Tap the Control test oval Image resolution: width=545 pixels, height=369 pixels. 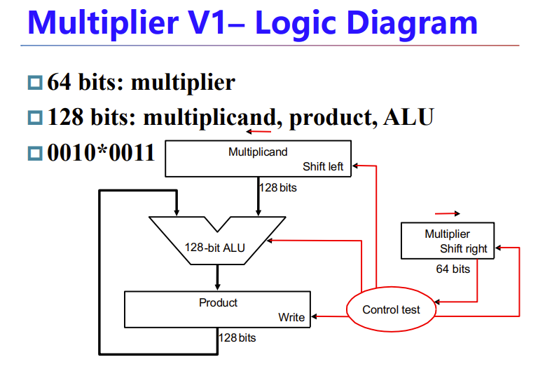coord(391,309)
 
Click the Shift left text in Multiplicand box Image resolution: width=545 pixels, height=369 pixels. coord(323,166)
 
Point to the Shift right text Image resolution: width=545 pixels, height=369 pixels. coord(464,248)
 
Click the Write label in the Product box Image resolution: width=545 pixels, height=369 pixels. coord(291,317)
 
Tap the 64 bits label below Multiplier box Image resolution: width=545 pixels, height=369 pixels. coord(453,269)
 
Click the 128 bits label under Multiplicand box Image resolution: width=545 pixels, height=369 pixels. coord(277,187)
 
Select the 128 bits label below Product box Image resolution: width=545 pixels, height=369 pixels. coord(237,338)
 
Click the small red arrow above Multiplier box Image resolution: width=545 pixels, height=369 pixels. coord(448,213)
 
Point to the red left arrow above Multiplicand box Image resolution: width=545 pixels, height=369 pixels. coord(258,131)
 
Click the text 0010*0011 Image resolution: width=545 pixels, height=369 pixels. coord(101,152)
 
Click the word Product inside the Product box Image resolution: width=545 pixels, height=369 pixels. coord(218,302)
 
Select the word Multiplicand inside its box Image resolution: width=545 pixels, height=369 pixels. coord(258,152)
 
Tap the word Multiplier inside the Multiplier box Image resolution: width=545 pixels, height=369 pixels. coord(447,234)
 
